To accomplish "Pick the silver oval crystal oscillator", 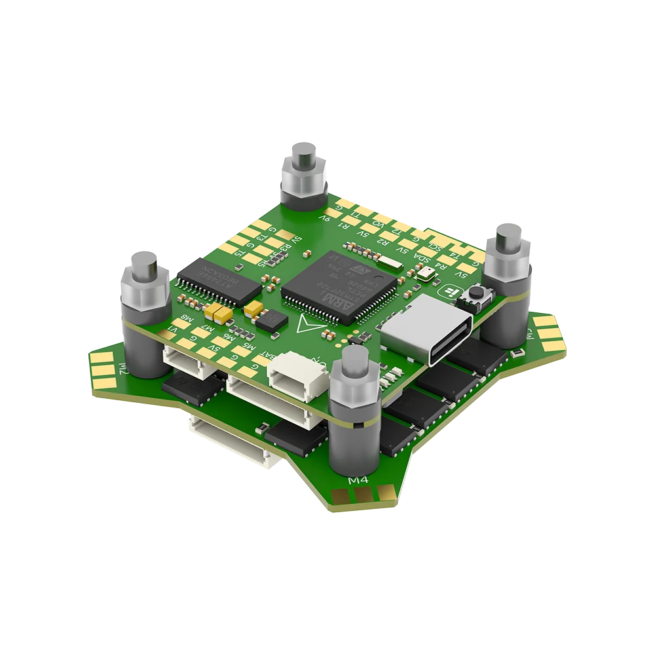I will click(390, 264).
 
